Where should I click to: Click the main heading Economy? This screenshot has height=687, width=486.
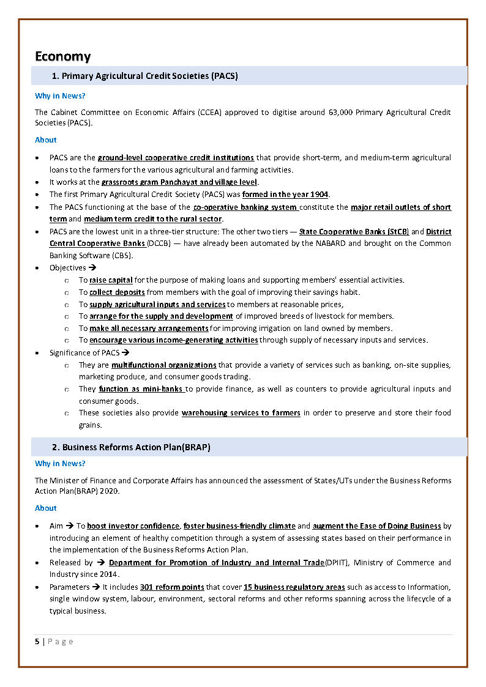[x=62, y=56]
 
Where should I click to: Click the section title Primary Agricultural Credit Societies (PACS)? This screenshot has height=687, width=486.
[x=149, y=76]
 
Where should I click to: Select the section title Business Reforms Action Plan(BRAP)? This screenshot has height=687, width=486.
[x=136, y=447]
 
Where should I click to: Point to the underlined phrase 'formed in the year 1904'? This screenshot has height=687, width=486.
[x=285, y=195]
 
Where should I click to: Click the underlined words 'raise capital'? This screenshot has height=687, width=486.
[x=111, y=280]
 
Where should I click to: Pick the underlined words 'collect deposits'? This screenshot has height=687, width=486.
[x=117, y=292]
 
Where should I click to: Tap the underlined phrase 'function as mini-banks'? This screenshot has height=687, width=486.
[x=141, y=388]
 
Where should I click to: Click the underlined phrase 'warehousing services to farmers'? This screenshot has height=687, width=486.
[x=241, y=413]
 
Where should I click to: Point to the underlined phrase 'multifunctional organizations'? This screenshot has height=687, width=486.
[x=163, y=365]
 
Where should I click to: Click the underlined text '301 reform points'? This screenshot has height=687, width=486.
[x=172, y=587]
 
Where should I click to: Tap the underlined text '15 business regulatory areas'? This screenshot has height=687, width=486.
[x=294, y=587]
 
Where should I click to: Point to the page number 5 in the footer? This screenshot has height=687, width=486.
[x=37, y=641]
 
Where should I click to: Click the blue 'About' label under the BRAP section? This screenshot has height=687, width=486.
[x=45, y=508]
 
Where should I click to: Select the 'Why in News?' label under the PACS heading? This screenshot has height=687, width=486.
[x=60, y=96]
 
